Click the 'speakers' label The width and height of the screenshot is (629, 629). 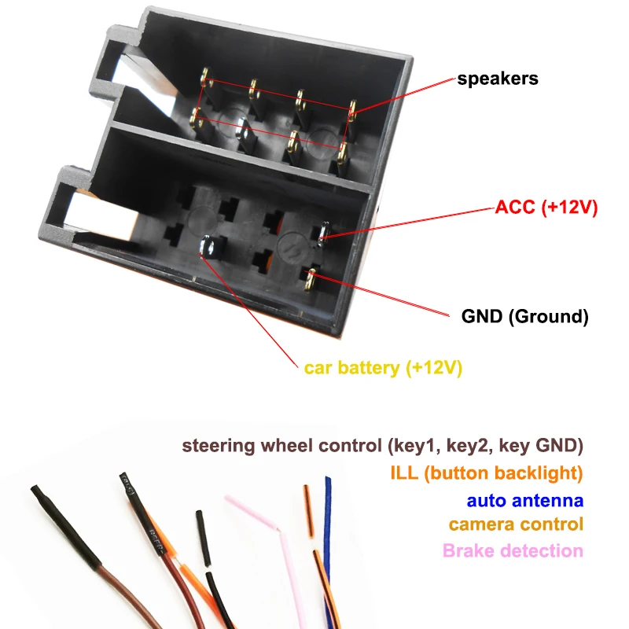coord(498,79)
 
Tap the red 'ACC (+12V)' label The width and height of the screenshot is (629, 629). coord(546,208)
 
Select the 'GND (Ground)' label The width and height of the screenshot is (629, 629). coord(524,317)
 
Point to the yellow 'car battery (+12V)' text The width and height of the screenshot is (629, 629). coord(383,367)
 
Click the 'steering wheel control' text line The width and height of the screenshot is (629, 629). coord(382,446)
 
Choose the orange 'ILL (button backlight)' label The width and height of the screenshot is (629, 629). coord(486,473)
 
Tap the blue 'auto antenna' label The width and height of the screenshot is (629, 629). coord(525,500)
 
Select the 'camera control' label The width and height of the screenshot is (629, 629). coord(516,524)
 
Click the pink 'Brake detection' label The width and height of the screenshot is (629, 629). coord(513,550)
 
